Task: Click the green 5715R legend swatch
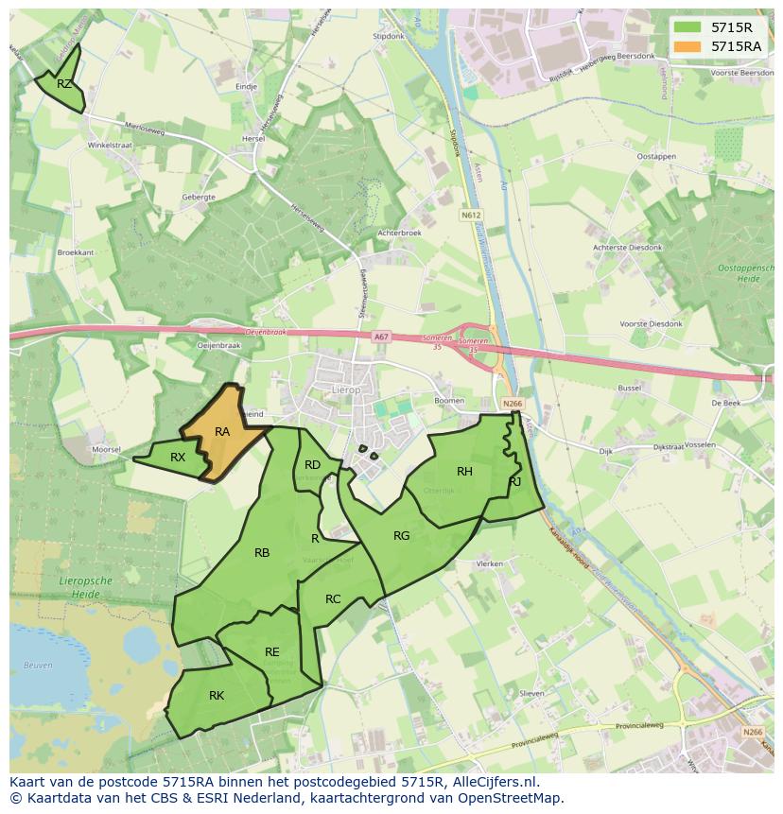click(x=687, y=27)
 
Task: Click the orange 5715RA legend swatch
click(x=687, y=46)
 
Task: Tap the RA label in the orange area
click(x=222, y=432)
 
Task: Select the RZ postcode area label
click(x=64, y=84)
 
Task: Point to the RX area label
click(x=178, y=458)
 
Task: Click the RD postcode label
click(x=312, y=464)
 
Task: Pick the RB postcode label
click(x=262, y=553)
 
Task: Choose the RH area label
click(x=464, y=472)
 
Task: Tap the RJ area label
click(x=514, y=481)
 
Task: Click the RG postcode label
click(x=402, y=536)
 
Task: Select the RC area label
click(x=333, y=599)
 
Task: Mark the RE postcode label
click(x=272, y=652)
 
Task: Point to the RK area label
click(x=217, y=696)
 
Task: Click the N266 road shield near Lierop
click(x=513, y=404)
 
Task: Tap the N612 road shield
click(x=471, y=216)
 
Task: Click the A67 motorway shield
click(x=380, y=337)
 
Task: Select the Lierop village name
click(x=345, y=389)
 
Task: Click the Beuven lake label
click(x=38, y=666)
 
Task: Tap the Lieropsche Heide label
click(x=86, y=585)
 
